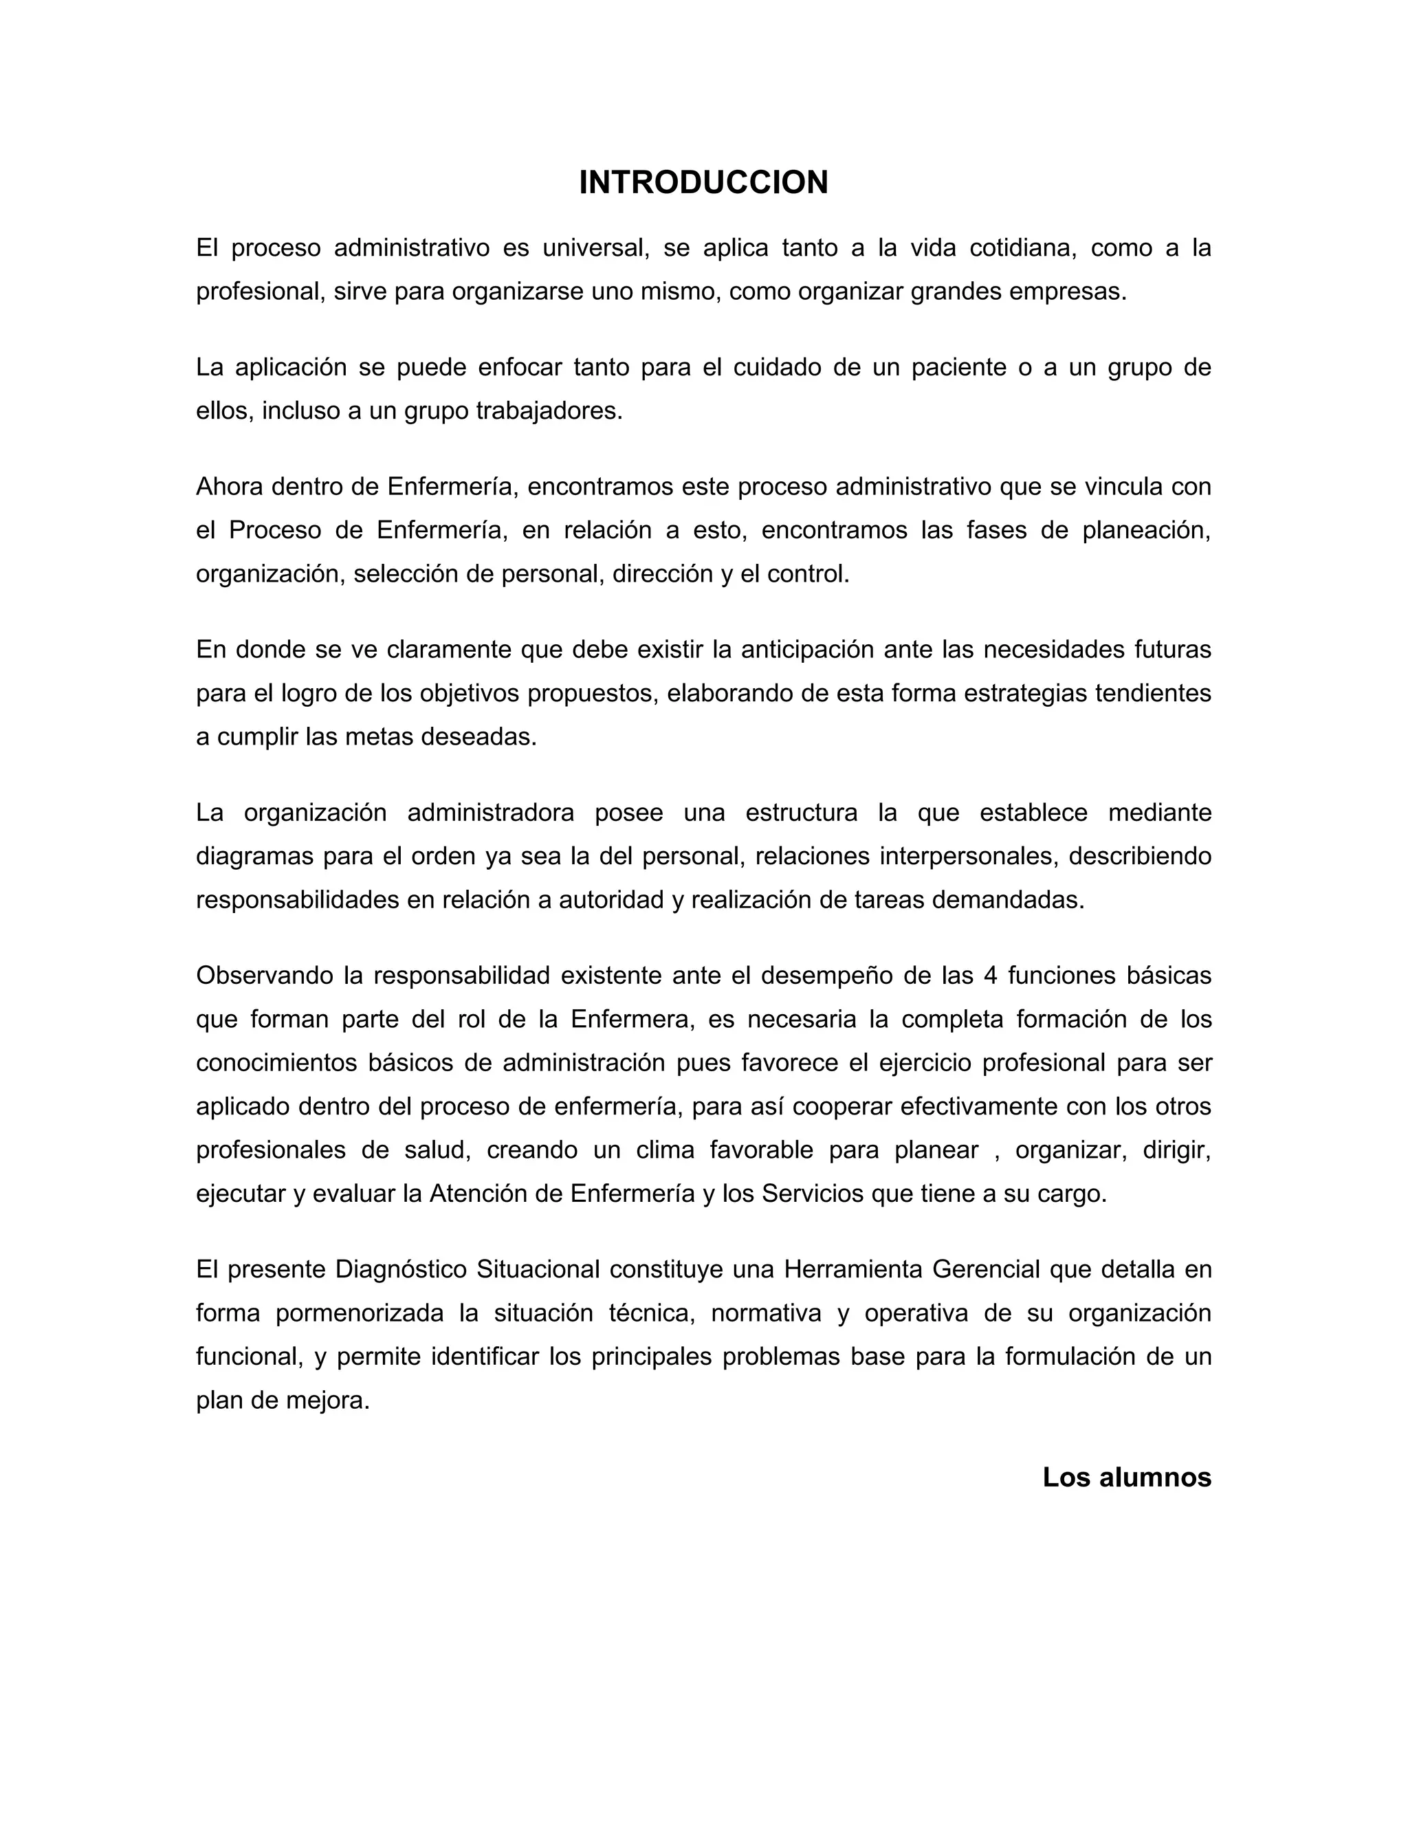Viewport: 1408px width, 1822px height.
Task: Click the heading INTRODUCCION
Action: click(703, 183)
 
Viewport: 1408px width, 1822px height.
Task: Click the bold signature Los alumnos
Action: click(1126, 1478)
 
